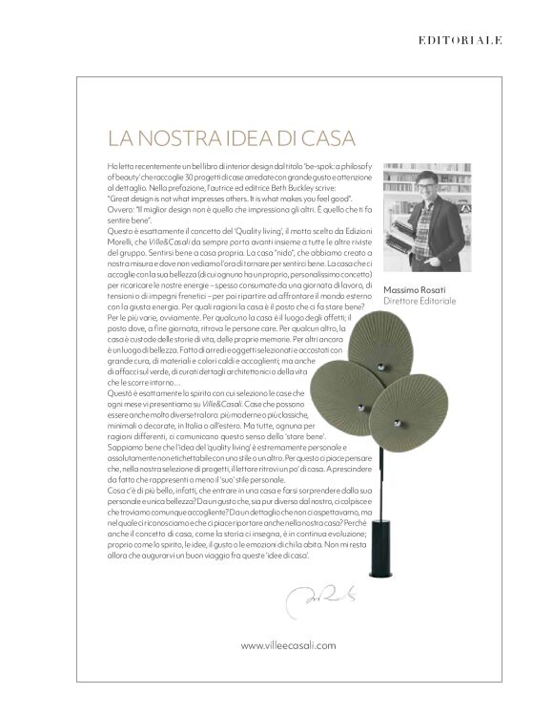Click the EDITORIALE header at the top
[x=460, y=40]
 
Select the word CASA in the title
[x=307, y=140]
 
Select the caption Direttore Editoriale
[x=420, y=301]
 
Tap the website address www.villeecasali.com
[x=288, y=645]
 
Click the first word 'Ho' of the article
[x=113, y=166]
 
